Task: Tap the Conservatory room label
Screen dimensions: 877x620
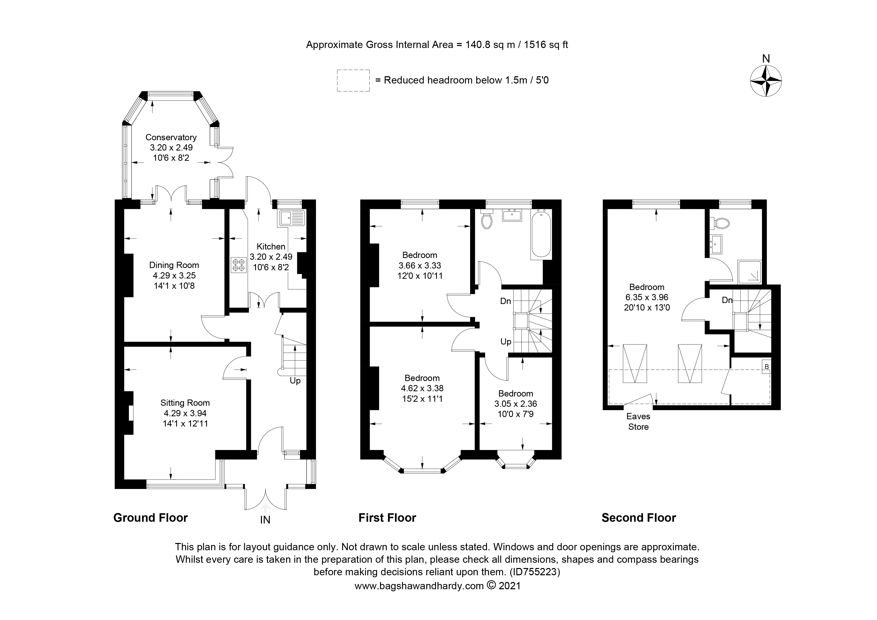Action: pyautogui.click(x=171, y=137)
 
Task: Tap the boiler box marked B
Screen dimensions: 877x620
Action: pyautogui.click(x=766, y=366)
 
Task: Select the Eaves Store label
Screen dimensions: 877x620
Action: pyautogui.click(x=638, y=421)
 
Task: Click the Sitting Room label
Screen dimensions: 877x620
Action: pyautogui.click(x=185, y=403)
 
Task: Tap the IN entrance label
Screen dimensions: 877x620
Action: pyautogui.click(x=265, y=520)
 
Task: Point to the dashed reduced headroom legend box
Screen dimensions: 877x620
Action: pyautogui.click(x=353, y=80)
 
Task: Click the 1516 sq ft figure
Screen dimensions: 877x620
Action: pyautogui.click(x=546, y=45)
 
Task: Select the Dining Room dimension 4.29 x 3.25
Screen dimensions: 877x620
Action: pyautogui.click(x=174, y=275)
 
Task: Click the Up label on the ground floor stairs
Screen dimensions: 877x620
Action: pyautogui.click(x=295, y=381)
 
